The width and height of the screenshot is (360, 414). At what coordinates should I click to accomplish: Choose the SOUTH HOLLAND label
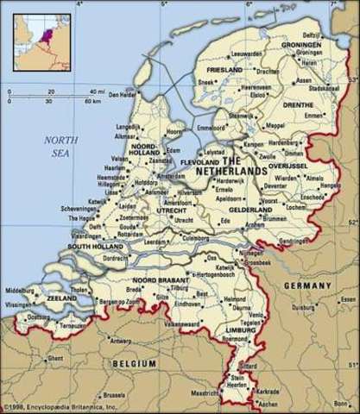click(97, 247)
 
